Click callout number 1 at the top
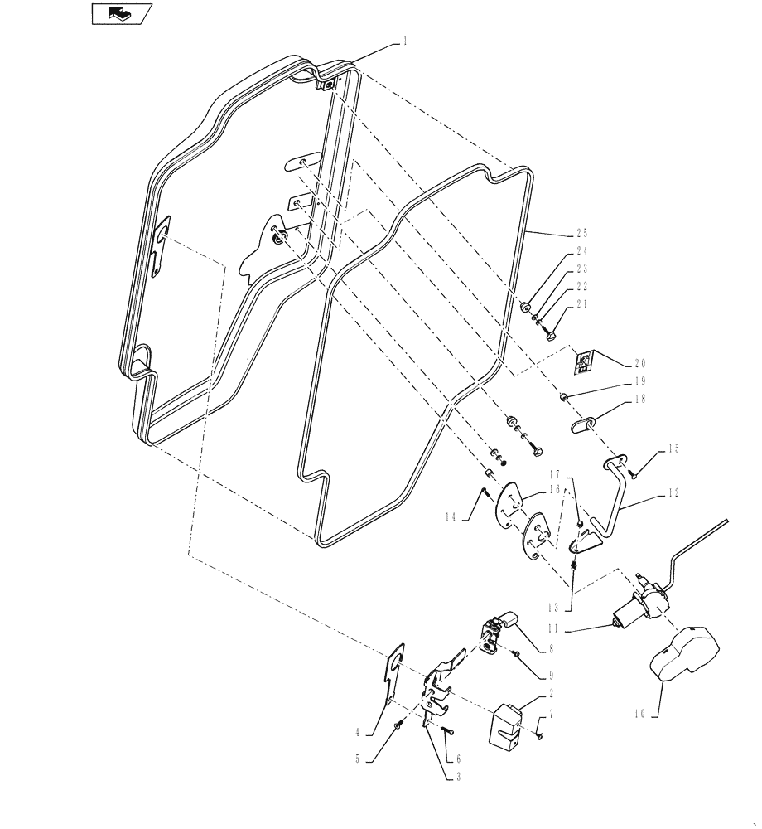coord(405,40)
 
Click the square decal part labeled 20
coord(586,361)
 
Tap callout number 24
coord(581,250)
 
